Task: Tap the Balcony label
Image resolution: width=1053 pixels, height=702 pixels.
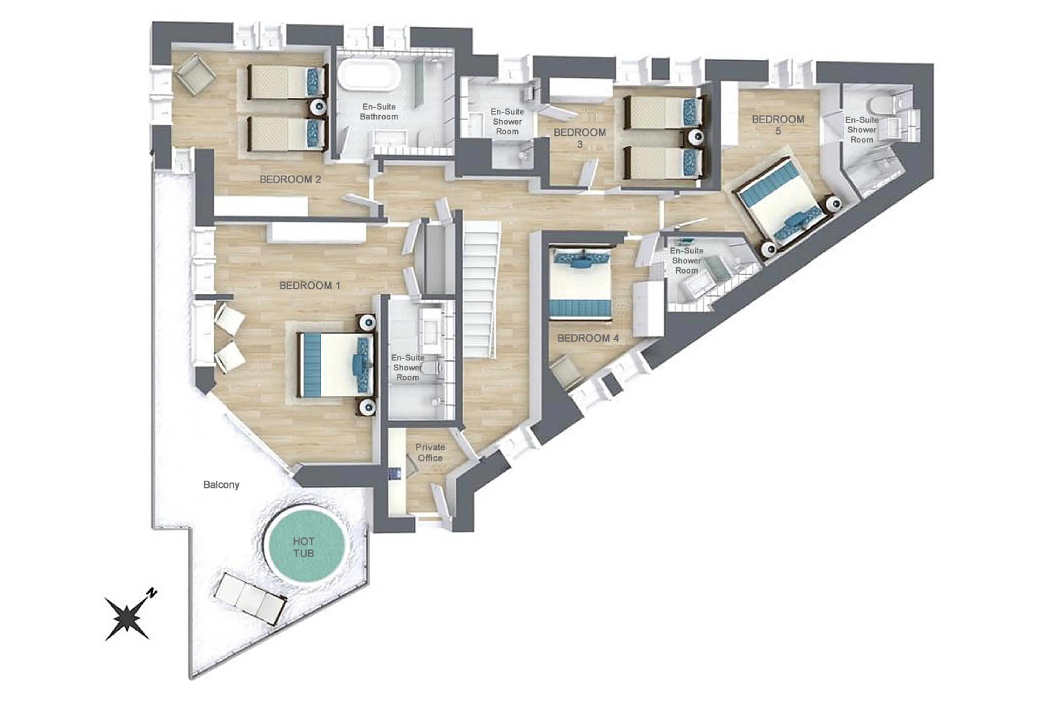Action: [221, 484]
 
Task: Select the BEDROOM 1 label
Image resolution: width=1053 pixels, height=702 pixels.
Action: [310, 285]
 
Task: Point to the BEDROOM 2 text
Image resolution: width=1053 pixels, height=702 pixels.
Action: [290, 179]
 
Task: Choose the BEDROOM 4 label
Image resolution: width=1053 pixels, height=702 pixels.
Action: [588, 338]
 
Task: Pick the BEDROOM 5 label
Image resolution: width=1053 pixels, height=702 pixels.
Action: [778, 125]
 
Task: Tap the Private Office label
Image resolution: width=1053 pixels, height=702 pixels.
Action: [430, 452]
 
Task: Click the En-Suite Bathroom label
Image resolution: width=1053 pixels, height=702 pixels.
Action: [379, 111]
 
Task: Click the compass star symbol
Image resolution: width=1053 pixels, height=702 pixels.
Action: [127, 618]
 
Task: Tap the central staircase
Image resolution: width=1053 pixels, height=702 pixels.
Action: [480, 291]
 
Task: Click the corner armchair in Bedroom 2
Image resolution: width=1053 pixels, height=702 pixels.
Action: [195, 74]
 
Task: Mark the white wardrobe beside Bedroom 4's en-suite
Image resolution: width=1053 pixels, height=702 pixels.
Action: [647, 309]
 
